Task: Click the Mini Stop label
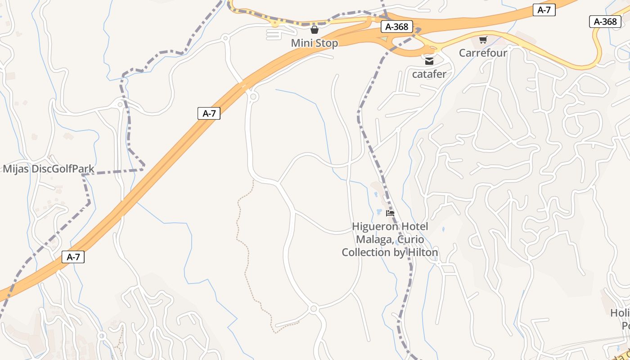[314, 43]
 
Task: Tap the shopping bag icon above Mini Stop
[314, 30]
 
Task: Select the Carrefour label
[483, 53]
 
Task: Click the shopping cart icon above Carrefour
[483, 40]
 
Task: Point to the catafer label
[429, 74]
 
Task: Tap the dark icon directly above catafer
[429, 61]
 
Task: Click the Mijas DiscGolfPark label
[49, 169]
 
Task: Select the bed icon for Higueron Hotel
[390, 213]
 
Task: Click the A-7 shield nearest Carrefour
[544, 10]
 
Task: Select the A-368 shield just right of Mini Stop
[396, 27]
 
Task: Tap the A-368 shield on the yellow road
[605, 22]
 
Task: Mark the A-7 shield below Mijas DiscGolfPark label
[73, 257]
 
